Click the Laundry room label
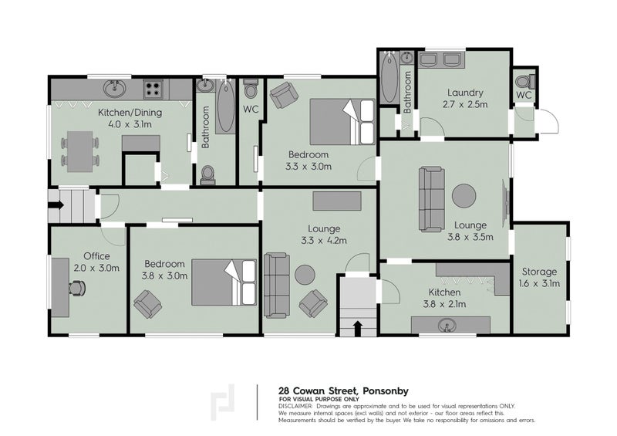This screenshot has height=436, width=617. (465, 93)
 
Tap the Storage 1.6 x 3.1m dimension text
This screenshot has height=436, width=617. (539, 283)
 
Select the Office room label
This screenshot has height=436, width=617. (97, 256)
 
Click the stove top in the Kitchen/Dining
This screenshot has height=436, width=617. (153, 90)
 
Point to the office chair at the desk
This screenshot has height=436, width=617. (78, 288)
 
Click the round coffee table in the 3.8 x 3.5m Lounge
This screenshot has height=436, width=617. (464, 196)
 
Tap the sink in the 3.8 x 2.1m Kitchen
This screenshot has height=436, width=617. (447, 326)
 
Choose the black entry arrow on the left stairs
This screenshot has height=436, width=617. (56, 205)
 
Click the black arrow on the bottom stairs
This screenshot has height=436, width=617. (358, 328)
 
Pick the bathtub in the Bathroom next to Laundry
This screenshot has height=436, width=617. (389, 77)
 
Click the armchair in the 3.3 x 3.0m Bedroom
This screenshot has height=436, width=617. (284, 94)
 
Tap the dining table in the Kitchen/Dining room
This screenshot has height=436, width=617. (80, 151)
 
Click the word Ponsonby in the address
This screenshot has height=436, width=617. (386, 391)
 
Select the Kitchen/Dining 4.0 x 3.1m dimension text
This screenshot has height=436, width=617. (130, 124)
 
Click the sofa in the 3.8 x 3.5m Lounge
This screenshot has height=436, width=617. (432, 199)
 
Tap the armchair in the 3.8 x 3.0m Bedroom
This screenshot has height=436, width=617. (148, 304)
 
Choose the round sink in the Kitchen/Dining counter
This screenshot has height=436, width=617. (115, 89)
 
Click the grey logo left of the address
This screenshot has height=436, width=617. (223, 402)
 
